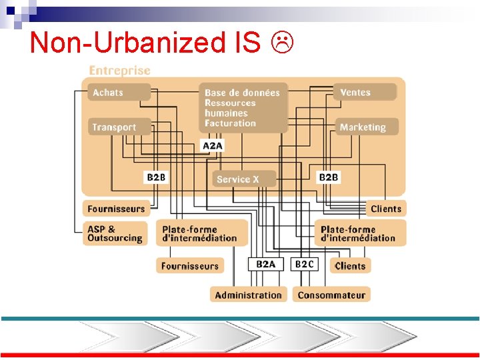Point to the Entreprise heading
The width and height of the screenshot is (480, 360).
pos(120,70)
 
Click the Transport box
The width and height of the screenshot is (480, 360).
pos(114,127)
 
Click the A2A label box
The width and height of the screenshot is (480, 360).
pos(212,145)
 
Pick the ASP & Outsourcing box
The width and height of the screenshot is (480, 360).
pos(115,233)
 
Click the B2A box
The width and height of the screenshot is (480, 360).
pos(265,265)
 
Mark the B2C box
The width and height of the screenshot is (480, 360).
pos(305,265)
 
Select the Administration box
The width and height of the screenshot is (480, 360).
pos(248,295)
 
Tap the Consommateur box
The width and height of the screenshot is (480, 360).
pos(331,295)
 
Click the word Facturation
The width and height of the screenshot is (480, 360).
pos(230,123)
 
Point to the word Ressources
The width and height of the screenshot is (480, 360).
pos(230,103)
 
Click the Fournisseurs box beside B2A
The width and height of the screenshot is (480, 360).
pos(190,265)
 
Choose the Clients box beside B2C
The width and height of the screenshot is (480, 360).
pos(351,265)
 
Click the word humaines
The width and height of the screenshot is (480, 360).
pos(226,113)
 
